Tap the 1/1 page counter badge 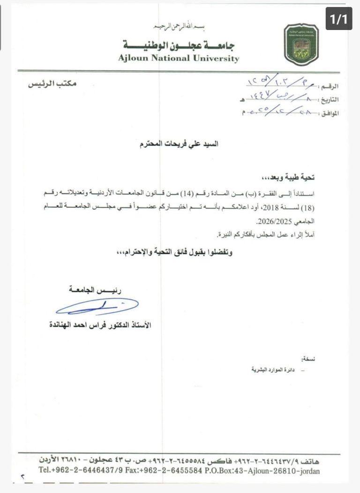coord(339,20)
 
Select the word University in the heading coord(216,59)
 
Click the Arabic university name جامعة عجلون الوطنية coord(181,46)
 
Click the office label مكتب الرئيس coord(52,84)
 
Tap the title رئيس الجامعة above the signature coord(95,291)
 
